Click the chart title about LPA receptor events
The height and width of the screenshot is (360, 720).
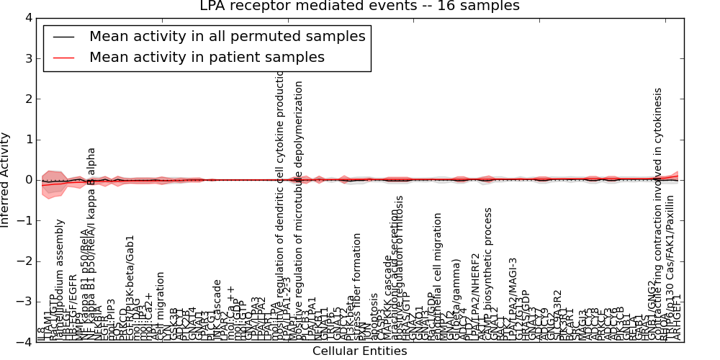[x=359, y=6]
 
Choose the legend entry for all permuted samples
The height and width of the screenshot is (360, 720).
[x=227, y=36]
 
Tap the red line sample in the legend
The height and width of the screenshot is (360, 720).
[x=63, y=58]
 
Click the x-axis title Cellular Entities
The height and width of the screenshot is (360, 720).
[x=359, y=351]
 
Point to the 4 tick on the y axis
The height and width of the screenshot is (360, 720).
[x=27, y=17]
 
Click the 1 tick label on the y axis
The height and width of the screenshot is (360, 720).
[x=27, y=140]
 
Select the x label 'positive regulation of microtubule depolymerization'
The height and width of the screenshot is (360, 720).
[x=300, y=209]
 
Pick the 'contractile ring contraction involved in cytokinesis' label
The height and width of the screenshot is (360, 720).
[x=658, y=216]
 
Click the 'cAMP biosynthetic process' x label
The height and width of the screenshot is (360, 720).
[x=488, y=274]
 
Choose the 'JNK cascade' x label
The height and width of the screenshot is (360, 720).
[x=217, y=310]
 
